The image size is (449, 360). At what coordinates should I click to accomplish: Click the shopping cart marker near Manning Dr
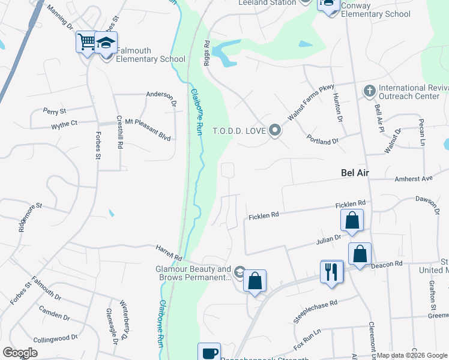[x=87, y=42]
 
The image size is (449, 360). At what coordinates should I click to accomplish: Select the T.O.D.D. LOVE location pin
[x=275, y=130]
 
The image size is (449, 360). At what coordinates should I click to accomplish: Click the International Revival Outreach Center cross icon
[x=369, y=92]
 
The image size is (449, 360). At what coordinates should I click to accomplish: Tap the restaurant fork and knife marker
[x=331, y=271]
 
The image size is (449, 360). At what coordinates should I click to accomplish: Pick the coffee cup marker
[x=209, y=353]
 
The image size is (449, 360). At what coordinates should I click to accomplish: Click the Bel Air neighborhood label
[x=354, y=173]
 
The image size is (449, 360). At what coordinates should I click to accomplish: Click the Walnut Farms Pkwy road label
[x=310, y=103]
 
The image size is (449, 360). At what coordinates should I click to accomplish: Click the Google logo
[x=20, y=353]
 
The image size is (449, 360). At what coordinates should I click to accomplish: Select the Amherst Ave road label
[x=413, y=179]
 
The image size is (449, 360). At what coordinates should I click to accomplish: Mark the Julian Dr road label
[x=328, y=239]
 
